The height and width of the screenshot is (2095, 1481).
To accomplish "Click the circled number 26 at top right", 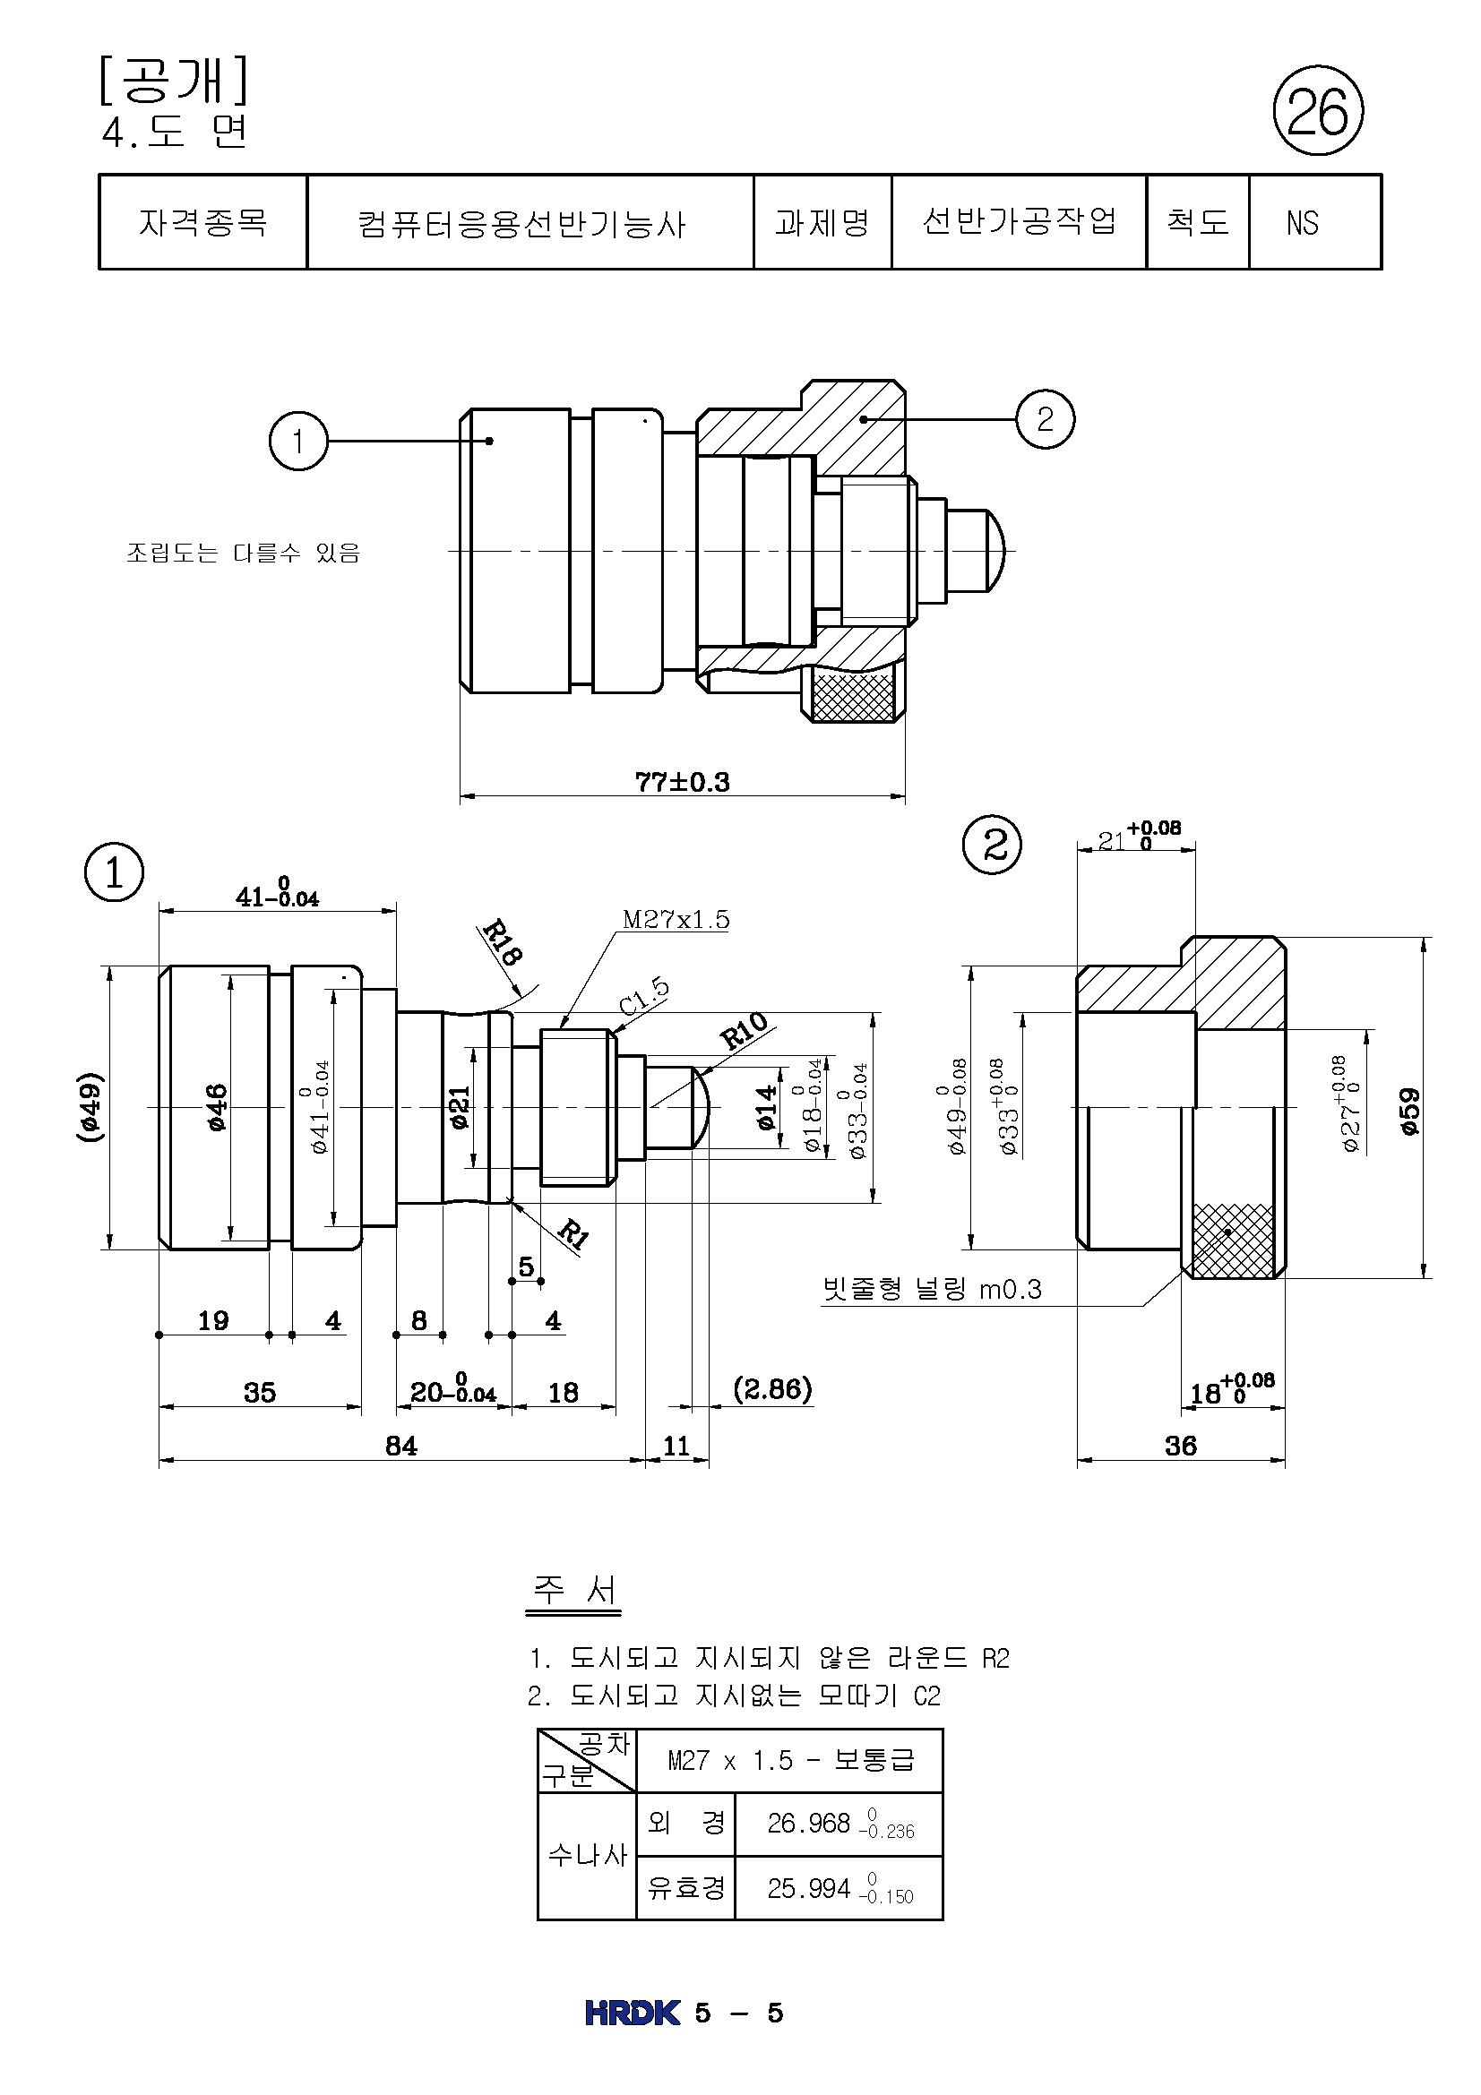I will pos(1317,111).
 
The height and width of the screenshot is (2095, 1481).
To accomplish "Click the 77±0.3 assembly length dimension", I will pos(682,782).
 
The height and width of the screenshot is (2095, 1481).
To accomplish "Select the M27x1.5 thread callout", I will pos(676,919).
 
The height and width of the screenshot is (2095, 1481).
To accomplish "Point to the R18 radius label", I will pos(501,942).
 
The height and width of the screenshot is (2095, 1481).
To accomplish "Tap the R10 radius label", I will pos(743,1031).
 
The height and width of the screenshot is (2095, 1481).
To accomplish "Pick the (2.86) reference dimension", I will pos(772,1389).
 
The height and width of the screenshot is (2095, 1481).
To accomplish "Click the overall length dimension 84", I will pos(400,1446).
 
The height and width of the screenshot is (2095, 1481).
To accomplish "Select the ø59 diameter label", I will pos(1410,1111).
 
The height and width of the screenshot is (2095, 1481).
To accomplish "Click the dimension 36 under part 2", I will pos(1180,1446).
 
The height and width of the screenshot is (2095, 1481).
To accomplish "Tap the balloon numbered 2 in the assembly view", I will pos(1045,419).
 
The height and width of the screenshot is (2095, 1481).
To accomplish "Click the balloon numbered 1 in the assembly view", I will pos(297,441).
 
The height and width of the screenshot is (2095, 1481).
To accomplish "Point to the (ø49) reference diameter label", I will pos(90,1107).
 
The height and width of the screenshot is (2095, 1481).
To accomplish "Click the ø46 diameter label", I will pos(216,1107).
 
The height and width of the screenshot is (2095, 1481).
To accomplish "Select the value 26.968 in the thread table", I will pos(808,1822).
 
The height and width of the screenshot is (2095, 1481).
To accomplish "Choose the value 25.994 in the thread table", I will pos(808,1888).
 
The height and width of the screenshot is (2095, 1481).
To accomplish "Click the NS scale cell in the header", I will pos(1302,223).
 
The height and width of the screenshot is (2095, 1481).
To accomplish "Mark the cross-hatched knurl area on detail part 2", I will pos(1233,1240).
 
